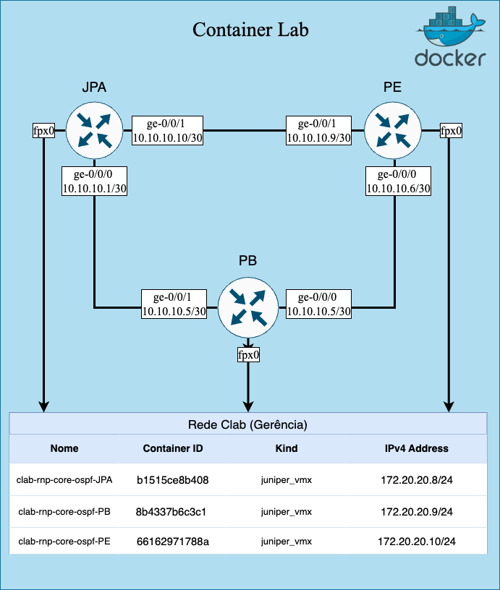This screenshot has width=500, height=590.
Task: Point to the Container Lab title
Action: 250,30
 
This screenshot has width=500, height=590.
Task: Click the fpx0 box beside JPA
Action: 44,131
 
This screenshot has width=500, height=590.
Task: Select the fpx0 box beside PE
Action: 451,131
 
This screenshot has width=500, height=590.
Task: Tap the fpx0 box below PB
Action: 248,355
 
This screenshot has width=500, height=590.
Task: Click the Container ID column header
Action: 173,448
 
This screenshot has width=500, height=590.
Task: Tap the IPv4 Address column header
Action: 416,448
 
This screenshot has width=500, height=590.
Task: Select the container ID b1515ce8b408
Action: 173,479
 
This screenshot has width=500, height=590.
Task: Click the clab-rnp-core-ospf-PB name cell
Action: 64,512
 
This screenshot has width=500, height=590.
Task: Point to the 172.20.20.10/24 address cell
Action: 416,542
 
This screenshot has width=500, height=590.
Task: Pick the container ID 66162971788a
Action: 173,542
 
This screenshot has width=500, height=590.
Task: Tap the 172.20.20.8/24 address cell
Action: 416,479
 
